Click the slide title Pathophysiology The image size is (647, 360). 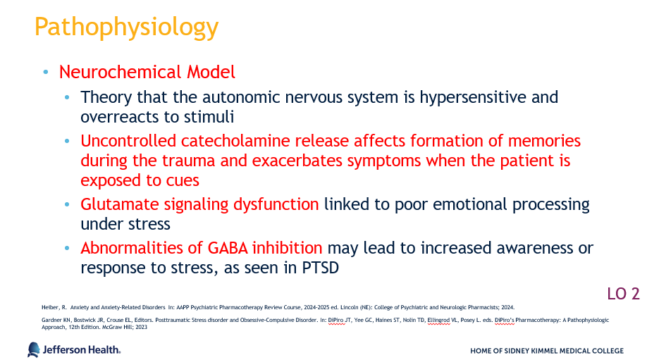pyautogui.click(x=126, y=27)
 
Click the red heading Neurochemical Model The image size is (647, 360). pyautogui.click(x=147, y=72)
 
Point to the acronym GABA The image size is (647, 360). pyautogui.click(x=228, y=248)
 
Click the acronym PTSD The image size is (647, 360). pyautogui.click(x=321, y=268)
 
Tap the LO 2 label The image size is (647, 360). pyautogui.click(x=623, y=294)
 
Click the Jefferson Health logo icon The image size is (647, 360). pyautogui.click(x=33, y=349)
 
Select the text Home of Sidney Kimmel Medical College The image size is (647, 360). pyautogui.click(x=547, y=351)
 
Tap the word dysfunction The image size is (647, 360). pyautogui.click(x=276, y=204)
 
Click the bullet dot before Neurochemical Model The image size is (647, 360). pyautogui.click(x=46, y=73)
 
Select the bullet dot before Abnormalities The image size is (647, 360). pyautogui.click(x=67, y=248)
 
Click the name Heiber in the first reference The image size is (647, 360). pyautogui.click(x=49, y=308)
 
